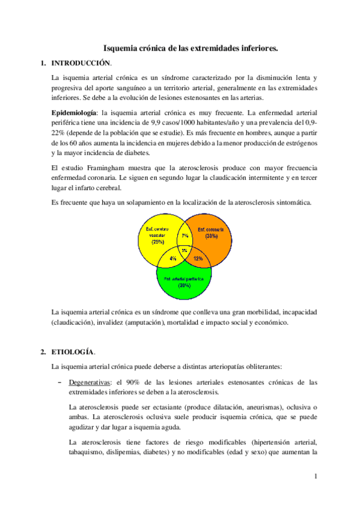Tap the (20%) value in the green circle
tap(185, 286)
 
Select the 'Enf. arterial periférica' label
tap(185, 279)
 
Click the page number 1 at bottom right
tap(315, 477)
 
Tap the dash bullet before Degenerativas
tap(59, 382)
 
